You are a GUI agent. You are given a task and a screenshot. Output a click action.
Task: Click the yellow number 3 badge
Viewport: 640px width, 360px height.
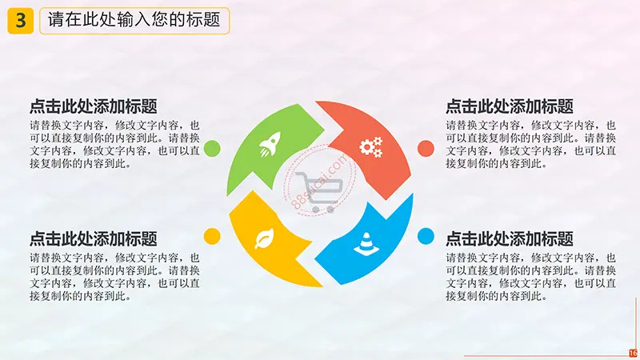[21, 21]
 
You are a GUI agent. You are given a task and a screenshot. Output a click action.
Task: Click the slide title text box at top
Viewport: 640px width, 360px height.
[134, 21]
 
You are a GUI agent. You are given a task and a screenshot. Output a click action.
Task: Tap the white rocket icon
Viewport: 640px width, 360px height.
[270, 144]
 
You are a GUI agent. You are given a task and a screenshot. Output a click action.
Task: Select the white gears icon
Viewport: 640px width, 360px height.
[371, 147]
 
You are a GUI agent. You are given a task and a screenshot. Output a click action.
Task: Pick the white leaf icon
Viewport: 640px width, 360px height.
[264, 238]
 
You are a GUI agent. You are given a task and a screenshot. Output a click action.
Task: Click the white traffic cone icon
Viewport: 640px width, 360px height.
[366, 244]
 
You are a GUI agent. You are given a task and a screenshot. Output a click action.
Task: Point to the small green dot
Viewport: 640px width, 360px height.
[212, 149]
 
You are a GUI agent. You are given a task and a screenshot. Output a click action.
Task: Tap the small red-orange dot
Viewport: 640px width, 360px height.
[426, 149]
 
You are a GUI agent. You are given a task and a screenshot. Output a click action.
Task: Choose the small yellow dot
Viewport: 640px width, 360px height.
[212, 236]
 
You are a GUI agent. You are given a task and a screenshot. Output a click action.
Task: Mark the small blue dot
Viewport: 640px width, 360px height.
[426, 236]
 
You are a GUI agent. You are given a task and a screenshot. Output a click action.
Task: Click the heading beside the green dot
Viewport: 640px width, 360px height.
[94, 106]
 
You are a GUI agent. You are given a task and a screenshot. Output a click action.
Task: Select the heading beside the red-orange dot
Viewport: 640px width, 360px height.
[510, 106]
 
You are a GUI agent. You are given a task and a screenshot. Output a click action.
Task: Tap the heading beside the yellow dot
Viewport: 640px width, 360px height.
[94, 238]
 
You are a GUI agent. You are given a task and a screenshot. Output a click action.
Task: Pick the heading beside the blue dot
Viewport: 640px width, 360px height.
[510, 238]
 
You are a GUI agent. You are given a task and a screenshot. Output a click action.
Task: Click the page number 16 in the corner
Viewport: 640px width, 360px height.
[633, 354]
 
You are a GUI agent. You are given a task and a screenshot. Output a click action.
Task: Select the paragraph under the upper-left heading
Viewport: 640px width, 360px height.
[114, 145]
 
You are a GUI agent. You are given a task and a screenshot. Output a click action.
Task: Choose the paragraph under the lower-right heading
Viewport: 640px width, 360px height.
[530, 277]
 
